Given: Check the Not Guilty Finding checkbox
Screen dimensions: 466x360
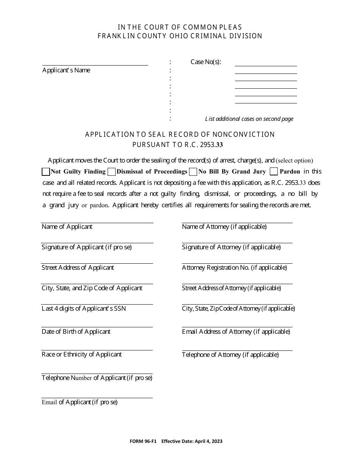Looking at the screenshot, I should (x=46, y=172).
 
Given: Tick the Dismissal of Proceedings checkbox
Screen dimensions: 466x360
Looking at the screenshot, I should (x=111, y=172).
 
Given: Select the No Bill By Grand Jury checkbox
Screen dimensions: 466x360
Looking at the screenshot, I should (x=193, y=172).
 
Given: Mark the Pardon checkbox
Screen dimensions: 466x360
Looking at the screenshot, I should (x=274, y=172).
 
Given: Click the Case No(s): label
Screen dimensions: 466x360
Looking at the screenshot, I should (x=206, y=62).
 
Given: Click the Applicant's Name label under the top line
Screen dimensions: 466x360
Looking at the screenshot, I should (x=66, y=70).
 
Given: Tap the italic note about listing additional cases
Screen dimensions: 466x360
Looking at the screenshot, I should (x=249, y=119).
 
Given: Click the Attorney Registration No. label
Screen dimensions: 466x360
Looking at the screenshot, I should (x=234, y=267).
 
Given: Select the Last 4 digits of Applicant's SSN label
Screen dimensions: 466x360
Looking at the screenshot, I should (x=84, y=308).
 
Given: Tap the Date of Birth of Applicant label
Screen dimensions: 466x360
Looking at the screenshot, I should (x=76, y=332).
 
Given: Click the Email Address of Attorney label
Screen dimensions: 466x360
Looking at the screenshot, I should (x=236, y=332).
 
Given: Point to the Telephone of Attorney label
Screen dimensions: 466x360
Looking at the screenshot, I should (x=230, y=355).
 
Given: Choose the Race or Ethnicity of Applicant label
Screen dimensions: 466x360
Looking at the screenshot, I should (x=81, y=354).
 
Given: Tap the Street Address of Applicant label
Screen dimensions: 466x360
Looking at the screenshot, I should (x=78, y=267).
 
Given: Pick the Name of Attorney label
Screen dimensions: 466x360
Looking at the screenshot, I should (x=224, y=227).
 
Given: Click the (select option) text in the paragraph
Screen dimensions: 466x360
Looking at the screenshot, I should (x=294, y=160).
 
